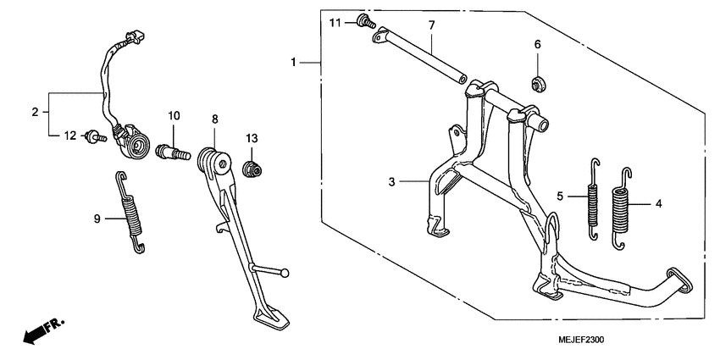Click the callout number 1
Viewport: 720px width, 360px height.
tap(294, 63)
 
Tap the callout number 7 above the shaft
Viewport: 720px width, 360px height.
tap(431, 26)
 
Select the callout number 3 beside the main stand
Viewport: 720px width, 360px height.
tap(391, 181)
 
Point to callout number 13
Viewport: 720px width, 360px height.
tap(252, 138)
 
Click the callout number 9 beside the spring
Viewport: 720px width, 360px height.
tap(97, 219)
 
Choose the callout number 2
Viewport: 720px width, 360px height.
tap(35, 112)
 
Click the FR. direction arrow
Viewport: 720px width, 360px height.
tap(42, 330)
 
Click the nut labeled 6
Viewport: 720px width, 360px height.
tap(537, 83)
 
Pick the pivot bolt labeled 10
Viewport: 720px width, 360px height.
tap(173, 153)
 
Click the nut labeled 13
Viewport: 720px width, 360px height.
tap(252, 170)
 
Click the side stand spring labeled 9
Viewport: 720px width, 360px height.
tap(130, 212)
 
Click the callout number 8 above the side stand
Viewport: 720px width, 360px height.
tap(215, 119)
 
